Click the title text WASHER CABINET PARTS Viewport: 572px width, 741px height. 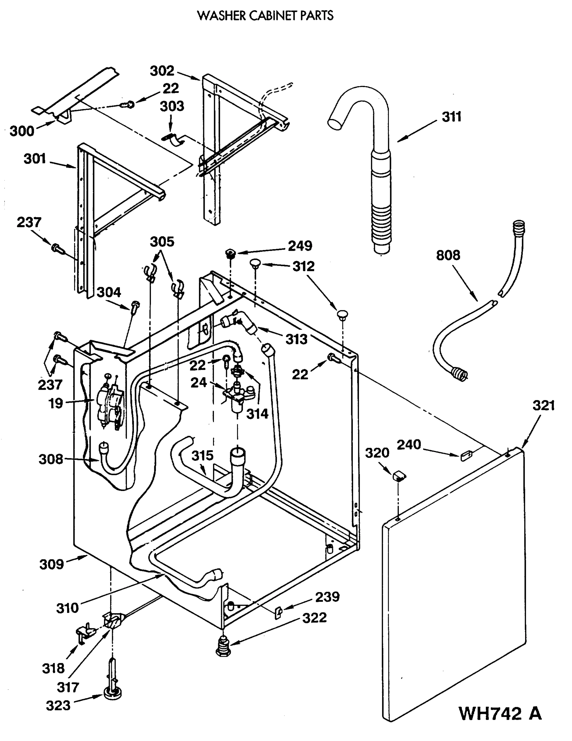[x=265, y=16]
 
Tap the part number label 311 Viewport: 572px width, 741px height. [x=452, y=117]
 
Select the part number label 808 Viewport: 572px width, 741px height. [x=448, y=255]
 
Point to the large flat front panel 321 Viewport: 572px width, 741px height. [x=455, y=584]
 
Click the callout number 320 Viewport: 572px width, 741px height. [x=377, y=453]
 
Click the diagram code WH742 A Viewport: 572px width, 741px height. [x=500, y=713]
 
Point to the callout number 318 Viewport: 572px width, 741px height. [x=53, y=668]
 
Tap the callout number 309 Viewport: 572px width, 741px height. [x=52, y=564]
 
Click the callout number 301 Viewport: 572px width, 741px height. [x=35, y=159]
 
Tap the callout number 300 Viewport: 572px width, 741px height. [x=22, y=131]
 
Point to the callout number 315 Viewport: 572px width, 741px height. [x=202, y=456]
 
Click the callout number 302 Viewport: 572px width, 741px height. [x=162, y=71]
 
